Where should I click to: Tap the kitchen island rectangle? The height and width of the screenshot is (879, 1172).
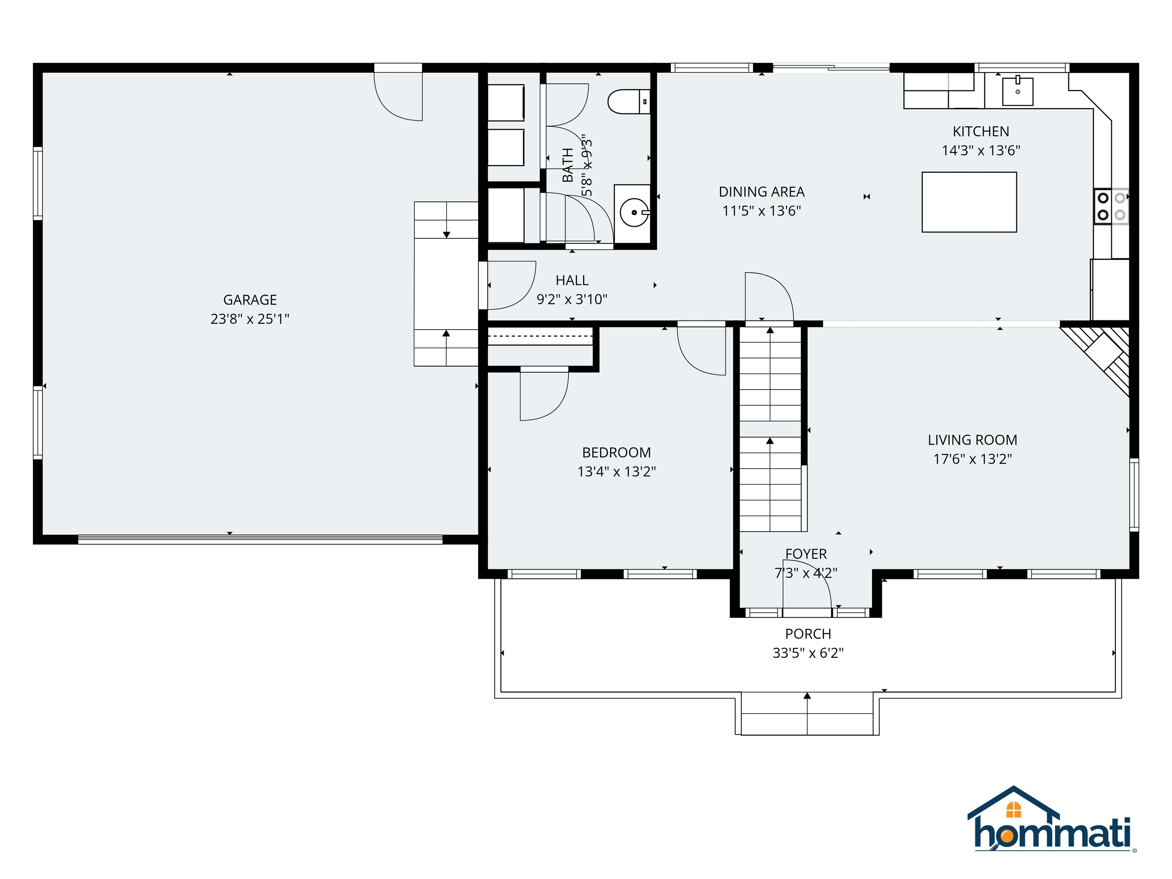pos(969,202)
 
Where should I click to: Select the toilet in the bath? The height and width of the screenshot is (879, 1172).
pos(628,102)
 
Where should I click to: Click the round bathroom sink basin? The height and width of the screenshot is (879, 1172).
pos(634,212)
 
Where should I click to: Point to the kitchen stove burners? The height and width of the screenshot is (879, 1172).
pos(1111,206)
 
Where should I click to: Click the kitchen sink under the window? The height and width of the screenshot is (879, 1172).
pos(1017,92)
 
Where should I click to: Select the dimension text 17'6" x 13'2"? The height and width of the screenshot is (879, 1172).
pos(972,459)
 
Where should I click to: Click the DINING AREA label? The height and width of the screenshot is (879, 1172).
pos(761,192)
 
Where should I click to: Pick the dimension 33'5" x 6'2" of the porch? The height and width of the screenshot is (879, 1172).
pos(808,653)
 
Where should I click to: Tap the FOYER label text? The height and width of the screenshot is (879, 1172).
pos(806,554)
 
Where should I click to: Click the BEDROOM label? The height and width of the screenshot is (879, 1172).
pos(616,452)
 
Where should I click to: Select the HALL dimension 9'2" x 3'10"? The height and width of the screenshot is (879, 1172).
pos(572,299)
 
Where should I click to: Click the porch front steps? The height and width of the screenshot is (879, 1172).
pos(807,714)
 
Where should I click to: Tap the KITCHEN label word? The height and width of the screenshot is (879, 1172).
pos(981,131)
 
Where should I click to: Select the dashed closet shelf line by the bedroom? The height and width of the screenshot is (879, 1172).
pos(539,336)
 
